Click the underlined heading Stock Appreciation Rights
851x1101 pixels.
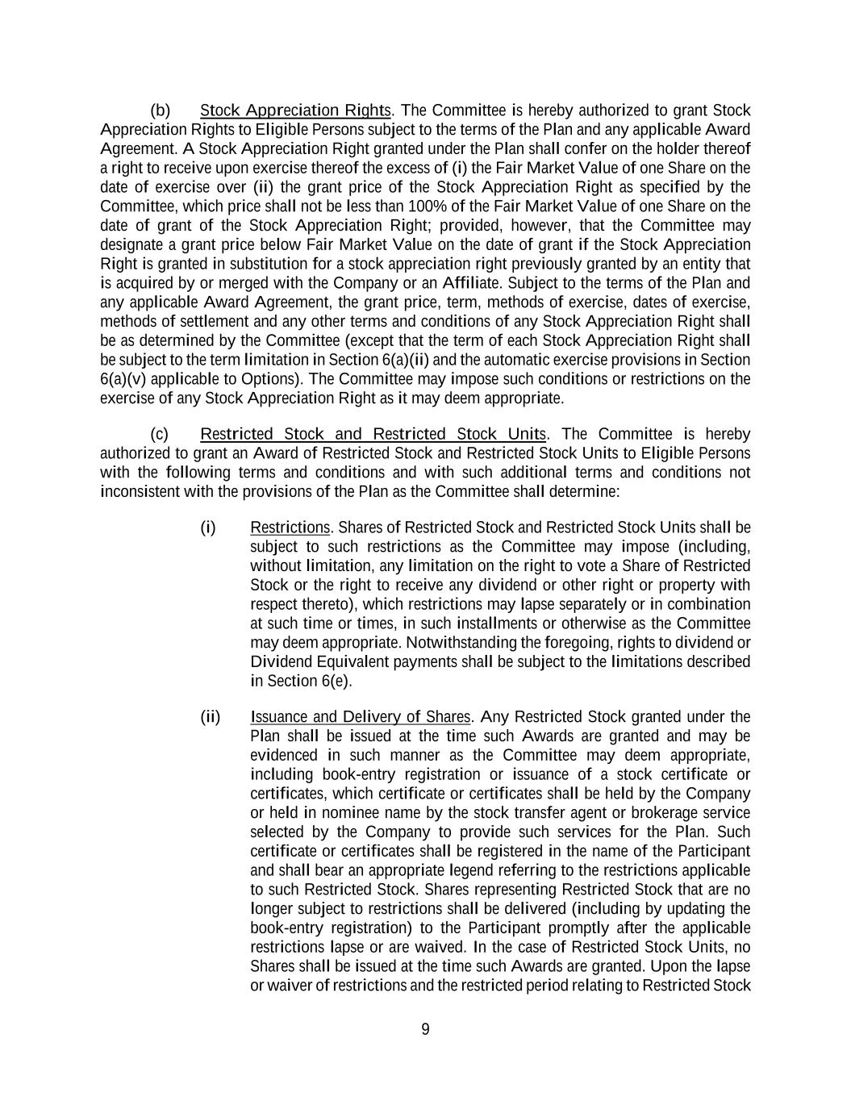pyautogui.click(x=295, y=111)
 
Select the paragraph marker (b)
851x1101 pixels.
pyautogui.click(x=161, y=111)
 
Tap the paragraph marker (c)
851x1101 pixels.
pyautogui.click(x=160, y=435)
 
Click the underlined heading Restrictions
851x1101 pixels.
pyautogui.click(x=290, y=528)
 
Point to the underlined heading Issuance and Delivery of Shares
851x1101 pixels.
pyautogui.click(x=361, y=717)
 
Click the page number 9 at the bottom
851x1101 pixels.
pyautogui.click(x=426, y=1029)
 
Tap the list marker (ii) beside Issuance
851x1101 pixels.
pyautogui.click(x=210, y=717)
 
